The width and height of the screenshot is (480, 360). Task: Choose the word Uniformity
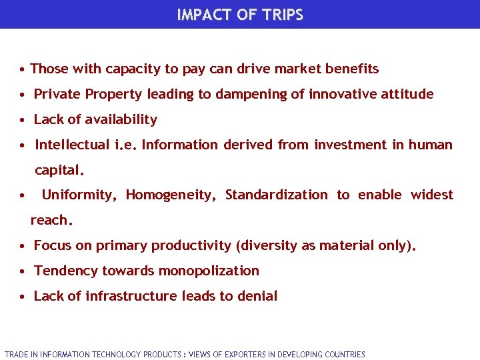[79, 195]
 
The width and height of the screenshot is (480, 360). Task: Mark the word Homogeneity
[171, 195]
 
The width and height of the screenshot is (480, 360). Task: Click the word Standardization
[276, 195]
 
